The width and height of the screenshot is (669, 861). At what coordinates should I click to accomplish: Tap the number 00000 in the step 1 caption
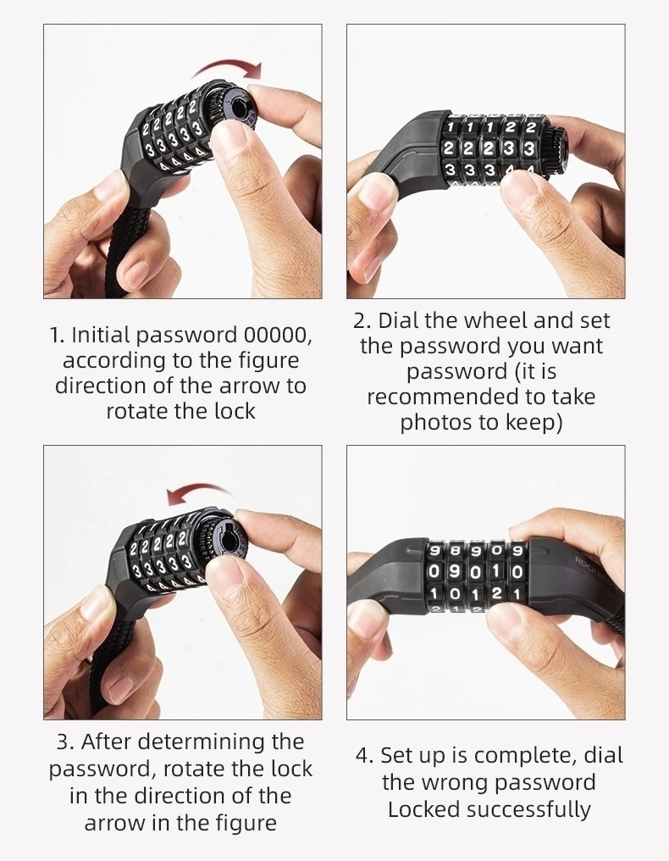point(278,335)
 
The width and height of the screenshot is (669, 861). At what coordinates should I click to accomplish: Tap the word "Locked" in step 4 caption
point(416,809)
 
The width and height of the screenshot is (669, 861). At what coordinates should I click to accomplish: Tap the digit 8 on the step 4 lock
point(454,550)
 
